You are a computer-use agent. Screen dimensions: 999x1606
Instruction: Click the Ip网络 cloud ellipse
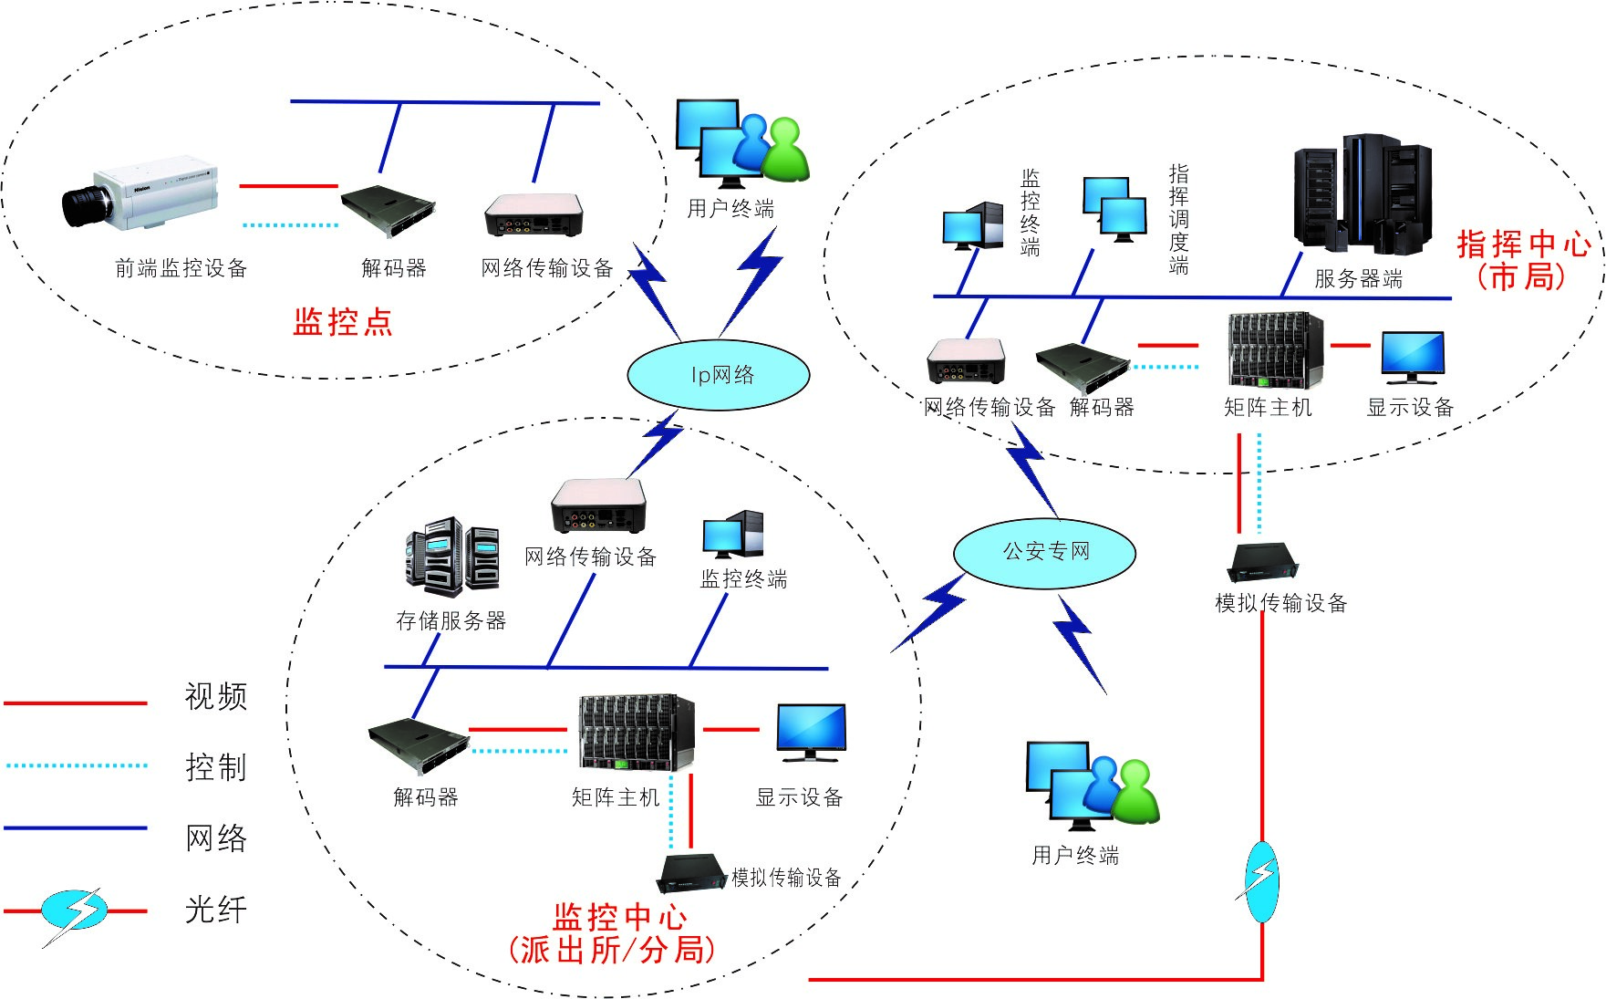719,375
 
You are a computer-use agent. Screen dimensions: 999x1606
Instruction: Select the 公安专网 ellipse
1044,552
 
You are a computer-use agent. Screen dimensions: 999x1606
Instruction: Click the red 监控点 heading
343,322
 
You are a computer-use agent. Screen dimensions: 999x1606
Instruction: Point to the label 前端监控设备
181,268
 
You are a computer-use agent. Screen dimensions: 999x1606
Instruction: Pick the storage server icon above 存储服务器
451,556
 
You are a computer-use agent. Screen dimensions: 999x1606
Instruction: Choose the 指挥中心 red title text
1523,245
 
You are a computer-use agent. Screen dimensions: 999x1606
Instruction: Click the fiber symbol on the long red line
1262,882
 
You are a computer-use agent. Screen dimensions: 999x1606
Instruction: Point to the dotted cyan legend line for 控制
76,765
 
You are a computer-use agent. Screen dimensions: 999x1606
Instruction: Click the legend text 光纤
216,910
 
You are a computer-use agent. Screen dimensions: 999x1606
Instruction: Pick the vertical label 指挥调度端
1178,220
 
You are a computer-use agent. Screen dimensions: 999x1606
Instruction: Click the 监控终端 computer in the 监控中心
732,535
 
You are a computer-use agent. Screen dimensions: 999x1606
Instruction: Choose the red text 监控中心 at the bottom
620,916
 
